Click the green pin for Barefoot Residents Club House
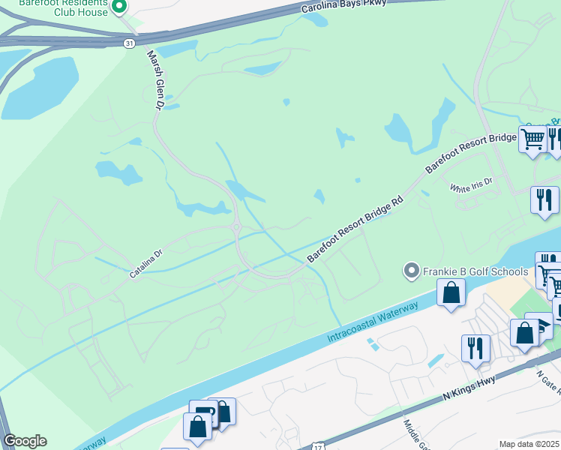(x=118, y=7)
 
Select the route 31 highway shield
(x=130, y=43)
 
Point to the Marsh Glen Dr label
(x=154, y=81)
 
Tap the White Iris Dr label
(x=471, y=184)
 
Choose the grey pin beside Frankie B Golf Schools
(x=411, y=270)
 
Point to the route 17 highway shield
(x=319, y=445)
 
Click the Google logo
(x=25, y=441)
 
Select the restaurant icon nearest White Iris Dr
(x=544, y=199)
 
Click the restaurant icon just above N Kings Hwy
(x=475, y=348)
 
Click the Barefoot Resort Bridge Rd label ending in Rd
(x=355, y=229)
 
